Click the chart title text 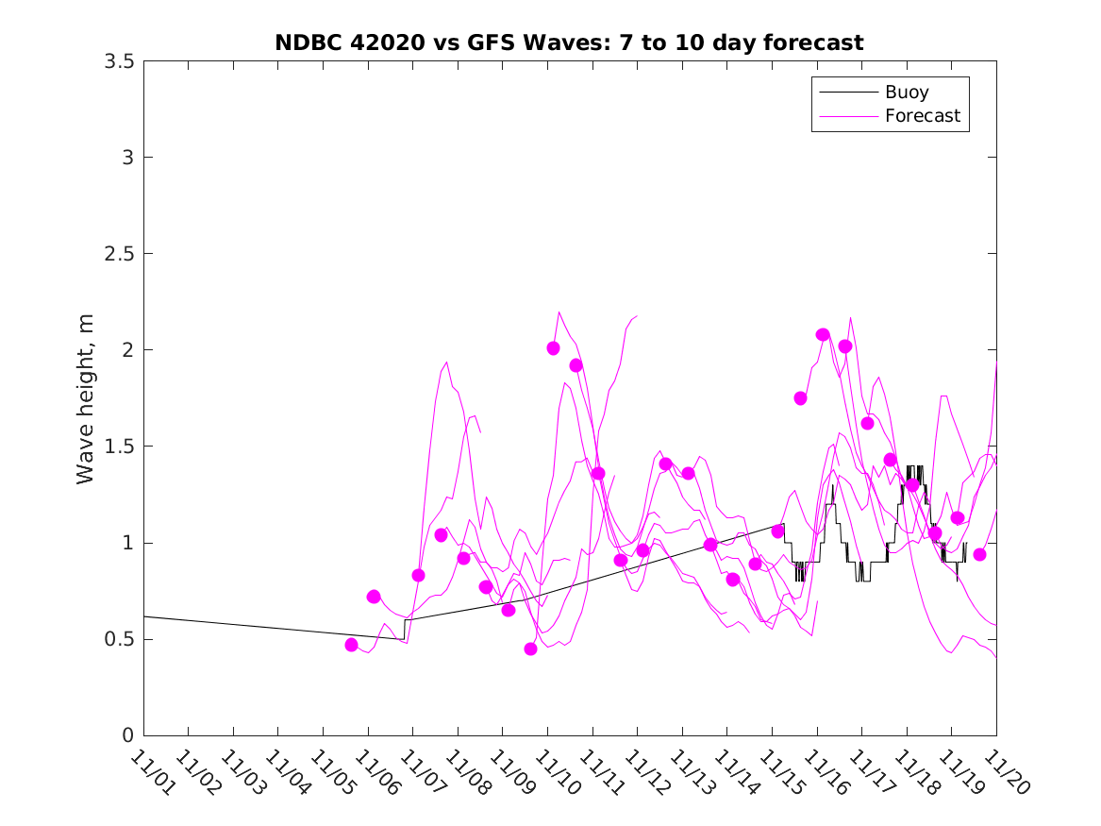point(569,42)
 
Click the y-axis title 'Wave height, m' point(86,397)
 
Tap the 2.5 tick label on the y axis point(118,254)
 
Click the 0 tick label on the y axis point(126,735)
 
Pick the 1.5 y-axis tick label point(118,447)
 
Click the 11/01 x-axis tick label point(151,773)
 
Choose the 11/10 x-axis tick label point(555,773)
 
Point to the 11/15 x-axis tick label point(779,773)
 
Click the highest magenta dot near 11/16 point(823,335)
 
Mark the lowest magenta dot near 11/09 point(530,649)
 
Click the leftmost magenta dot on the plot point(351,645)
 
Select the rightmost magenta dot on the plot point(979,554)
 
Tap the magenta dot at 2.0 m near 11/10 point(553,348)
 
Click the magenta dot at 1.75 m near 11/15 point(800,398)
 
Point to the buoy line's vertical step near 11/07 point(405,630)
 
